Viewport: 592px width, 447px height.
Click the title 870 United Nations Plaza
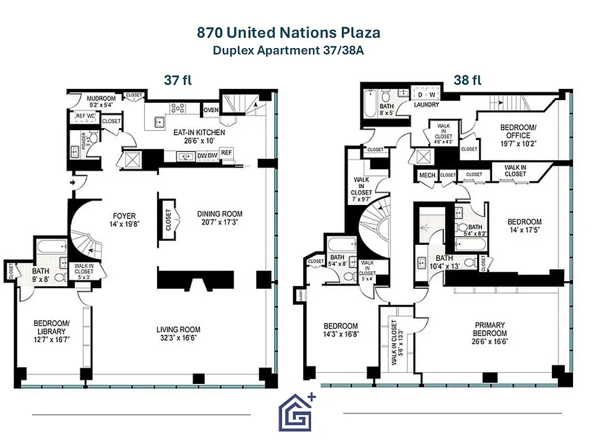click(289, 32)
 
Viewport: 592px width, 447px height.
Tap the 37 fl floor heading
click(178, 80)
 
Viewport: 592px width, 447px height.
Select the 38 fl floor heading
click(467, 80)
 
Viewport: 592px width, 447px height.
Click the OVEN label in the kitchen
click(211, 110)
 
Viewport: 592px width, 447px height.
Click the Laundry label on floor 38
click(426, 104)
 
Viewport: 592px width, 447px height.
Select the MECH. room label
click(427, 175)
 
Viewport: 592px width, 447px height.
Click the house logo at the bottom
click(297, 413)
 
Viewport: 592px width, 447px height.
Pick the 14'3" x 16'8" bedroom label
click(341, 330)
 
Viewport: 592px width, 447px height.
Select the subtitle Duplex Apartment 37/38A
click(289, 50)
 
